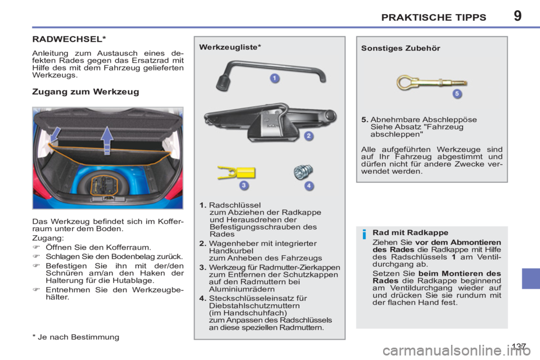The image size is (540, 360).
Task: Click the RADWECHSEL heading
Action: click(x=68, y=40)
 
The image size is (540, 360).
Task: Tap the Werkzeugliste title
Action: click(x=231, y=48)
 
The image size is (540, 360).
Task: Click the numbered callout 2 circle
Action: click(x=308, y=136)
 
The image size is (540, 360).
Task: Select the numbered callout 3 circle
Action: click(x=244, y=185)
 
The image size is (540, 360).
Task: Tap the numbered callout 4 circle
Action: click(x=309, y=185)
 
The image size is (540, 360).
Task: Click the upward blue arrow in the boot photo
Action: click(x=107, y=139)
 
